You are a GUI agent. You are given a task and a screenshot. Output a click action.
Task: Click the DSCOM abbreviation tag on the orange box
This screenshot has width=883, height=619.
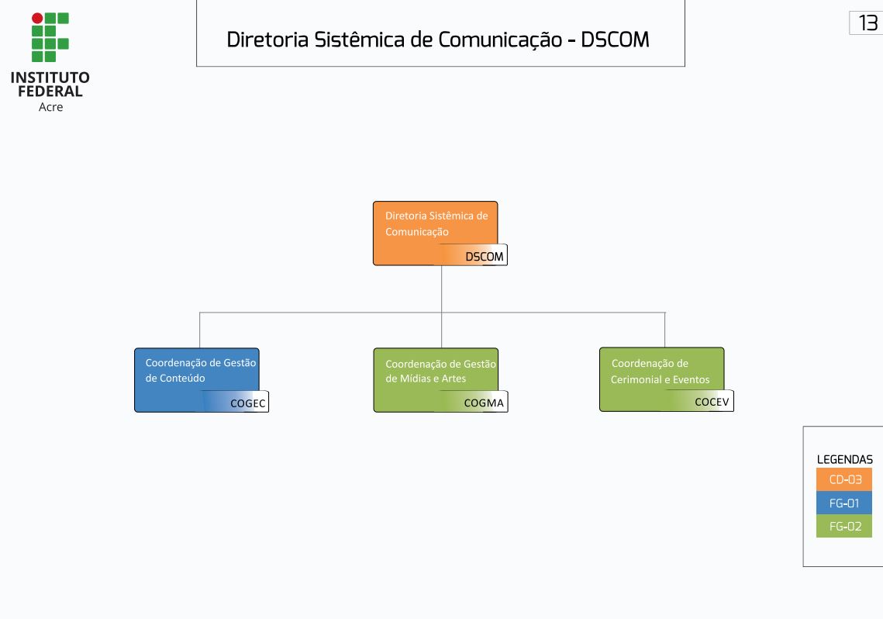484,256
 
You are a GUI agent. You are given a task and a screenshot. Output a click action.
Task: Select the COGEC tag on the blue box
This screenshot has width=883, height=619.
247,403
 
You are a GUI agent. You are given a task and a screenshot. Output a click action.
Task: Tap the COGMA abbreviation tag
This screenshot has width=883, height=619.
484,403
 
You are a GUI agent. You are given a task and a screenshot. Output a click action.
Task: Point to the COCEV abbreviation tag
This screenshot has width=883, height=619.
711,402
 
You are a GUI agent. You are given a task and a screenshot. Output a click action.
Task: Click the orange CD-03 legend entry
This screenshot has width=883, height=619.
844,479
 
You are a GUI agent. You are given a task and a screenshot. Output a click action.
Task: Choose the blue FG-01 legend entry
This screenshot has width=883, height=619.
844,503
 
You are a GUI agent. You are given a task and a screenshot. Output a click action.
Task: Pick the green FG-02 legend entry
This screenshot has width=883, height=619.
844,526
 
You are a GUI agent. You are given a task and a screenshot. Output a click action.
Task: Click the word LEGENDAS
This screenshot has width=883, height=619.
844,459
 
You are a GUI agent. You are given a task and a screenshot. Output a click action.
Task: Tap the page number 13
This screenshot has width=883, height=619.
867,23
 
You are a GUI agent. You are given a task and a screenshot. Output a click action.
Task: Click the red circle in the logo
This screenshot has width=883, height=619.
37,18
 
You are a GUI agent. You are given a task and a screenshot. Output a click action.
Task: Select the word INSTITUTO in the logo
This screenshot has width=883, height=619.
50,78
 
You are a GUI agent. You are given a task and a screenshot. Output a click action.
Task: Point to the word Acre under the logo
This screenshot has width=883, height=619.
50,107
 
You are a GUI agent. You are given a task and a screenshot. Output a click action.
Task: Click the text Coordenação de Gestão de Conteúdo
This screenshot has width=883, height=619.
200,370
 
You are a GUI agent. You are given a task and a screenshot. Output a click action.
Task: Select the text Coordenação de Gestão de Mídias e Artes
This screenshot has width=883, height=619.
440,371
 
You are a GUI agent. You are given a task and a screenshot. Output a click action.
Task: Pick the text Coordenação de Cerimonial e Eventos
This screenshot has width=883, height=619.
660,371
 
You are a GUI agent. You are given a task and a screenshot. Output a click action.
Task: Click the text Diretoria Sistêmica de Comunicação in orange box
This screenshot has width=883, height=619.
436,223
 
